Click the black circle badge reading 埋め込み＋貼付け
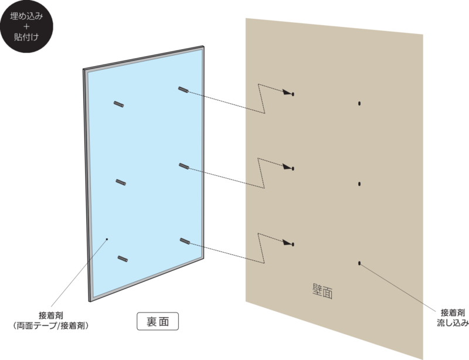click(x=26, y=26)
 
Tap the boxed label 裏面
click(x=158, y=321)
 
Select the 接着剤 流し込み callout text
click(x=453, y=318)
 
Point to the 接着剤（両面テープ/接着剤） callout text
click(x=51, y=321)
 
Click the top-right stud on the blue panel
click(x=183, y=90)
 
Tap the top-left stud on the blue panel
click(x=119, y=104)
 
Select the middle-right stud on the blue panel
click(x=184, y=166)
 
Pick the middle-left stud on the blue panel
click(x=121, y=182)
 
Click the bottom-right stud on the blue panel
click(x=185, y=241)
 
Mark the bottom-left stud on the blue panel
click(x=123, y=259)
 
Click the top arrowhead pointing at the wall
click(x=287, y=92)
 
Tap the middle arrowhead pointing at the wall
click(x=287, y=167)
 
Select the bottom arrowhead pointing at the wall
click(x=287, y=242)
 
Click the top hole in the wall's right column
click(x=359, y=104)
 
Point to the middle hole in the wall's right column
click(x=359, y=184)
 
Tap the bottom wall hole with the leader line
click(x=359, y=263)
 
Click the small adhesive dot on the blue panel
click(x=107, y=239)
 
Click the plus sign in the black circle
click(x=26, y=26)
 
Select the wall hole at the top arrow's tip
click(x=293, y=94)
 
